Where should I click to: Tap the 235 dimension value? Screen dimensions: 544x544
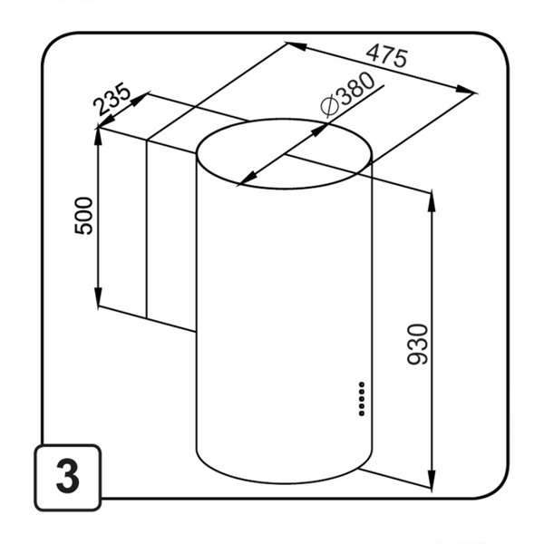(114, 102)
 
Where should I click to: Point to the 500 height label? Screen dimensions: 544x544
(83, 216)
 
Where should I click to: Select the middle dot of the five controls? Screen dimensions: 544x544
(361, 398)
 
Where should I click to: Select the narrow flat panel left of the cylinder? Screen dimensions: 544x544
(170, 227)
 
